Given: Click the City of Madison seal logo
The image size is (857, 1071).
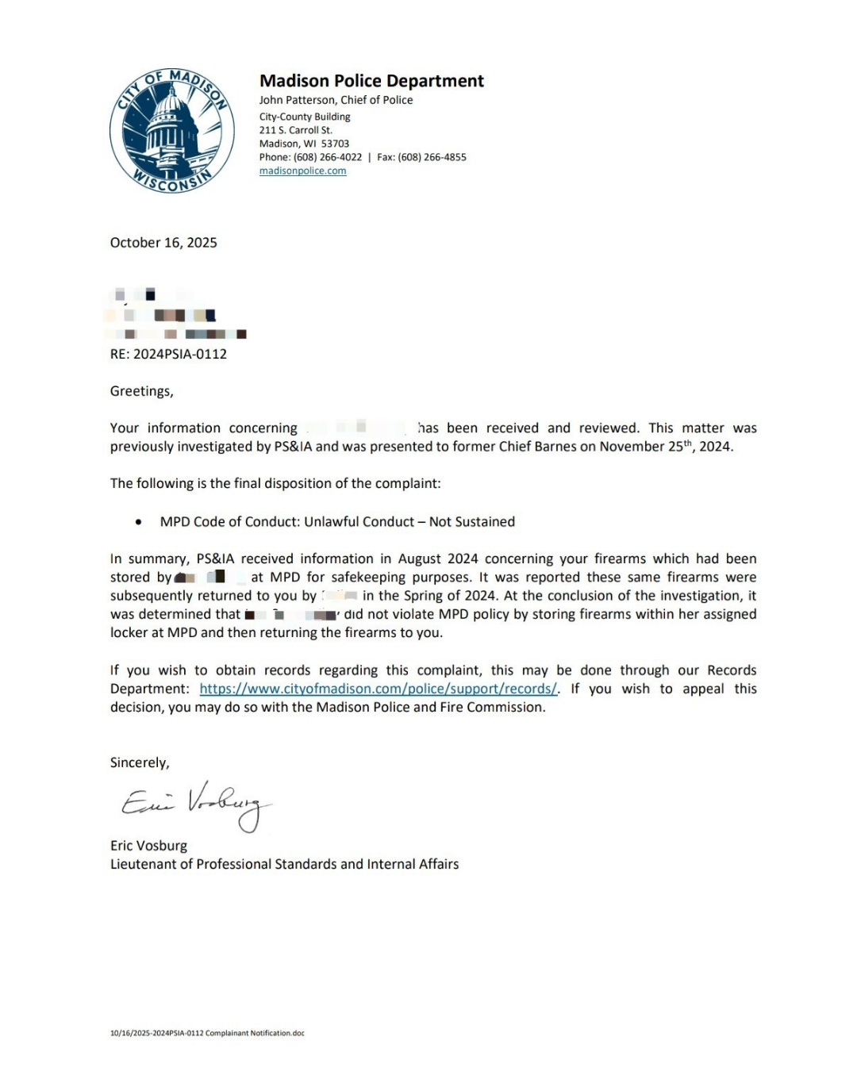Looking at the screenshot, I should coord(171,131).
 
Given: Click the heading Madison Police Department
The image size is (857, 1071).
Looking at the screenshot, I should coord(371,81).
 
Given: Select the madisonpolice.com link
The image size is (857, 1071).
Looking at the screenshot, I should coord(302,171).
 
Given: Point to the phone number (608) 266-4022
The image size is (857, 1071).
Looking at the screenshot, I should coord(327,157).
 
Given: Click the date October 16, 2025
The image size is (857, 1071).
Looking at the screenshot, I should coord(163,243).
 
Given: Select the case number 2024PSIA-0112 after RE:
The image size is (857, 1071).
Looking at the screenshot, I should coord(179,354).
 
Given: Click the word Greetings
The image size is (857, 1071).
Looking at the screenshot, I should coord(140,391).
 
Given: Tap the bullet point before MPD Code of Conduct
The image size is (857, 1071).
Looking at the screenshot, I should coord(139,522).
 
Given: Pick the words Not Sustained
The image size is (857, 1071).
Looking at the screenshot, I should coord(472,522).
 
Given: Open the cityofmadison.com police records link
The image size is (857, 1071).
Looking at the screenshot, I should coord(378,689).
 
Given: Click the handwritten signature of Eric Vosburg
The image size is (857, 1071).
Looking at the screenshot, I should coord(196,803).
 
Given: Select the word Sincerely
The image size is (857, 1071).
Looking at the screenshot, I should coord(139,762).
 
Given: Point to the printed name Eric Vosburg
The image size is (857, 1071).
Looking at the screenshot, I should coord(148,846).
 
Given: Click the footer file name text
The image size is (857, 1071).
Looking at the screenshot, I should coord(207,1033).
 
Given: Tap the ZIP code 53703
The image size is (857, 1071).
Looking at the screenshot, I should coord(335,144).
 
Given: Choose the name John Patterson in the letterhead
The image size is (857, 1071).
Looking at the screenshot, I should coord(297,100).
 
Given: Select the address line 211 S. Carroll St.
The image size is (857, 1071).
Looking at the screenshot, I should coord(295,130).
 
